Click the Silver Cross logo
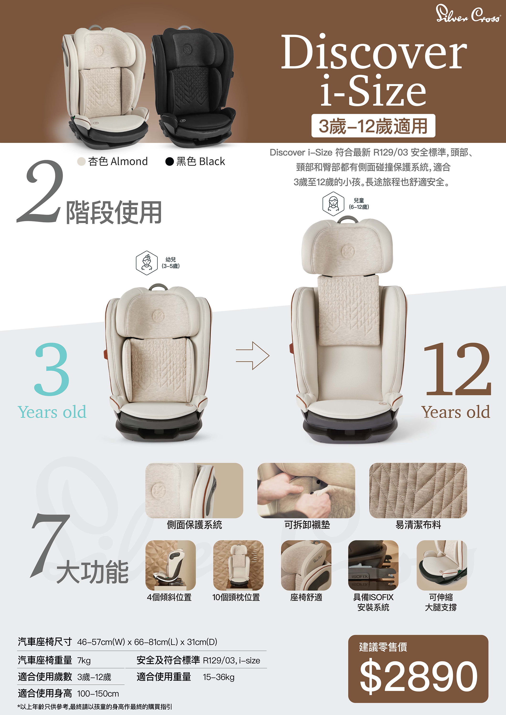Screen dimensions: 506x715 pos(468,14)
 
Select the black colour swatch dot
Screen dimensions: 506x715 pos(169,161)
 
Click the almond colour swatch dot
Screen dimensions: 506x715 pos(81,161)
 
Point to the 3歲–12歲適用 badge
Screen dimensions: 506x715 pos(373,126)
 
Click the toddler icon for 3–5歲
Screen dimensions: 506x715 pos(146,262)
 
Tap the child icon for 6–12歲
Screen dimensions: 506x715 pos(333,204)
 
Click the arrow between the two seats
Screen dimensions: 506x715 pos(253,356)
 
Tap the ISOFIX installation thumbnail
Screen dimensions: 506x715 pos(373,565)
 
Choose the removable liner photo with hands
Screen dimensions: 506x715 pos(306,490)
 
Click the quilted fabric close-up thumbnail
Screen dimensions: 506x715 pos(418,490)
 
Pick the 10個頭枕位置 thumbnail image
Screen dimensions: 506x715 pos(238,565)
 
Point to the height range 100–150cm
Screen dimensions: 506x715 pos(98,694)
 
